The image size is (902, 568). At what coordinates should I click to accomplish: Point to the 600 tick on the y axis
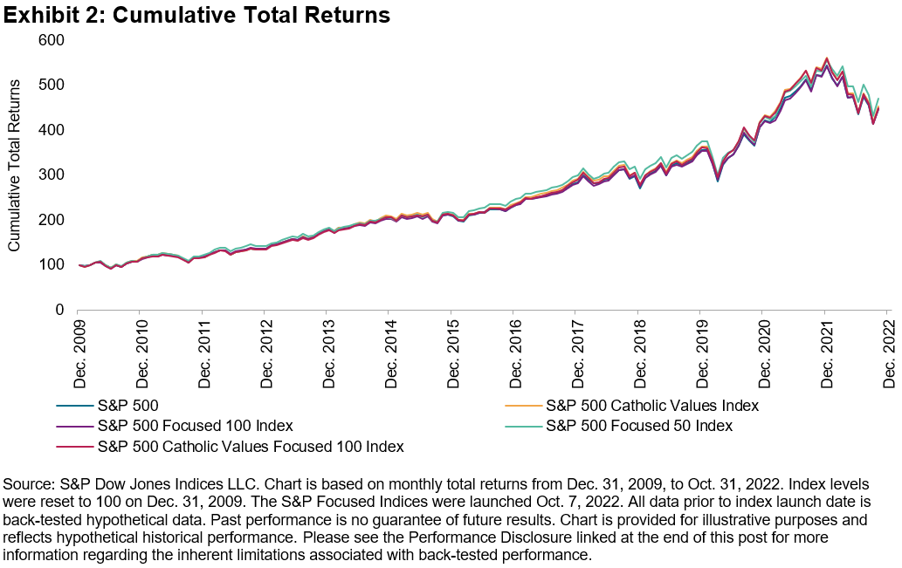53,40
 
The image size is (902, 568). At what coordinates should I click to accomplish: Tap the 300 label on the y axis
53,175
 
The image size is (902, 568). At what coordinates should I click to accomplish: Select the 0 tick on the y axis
61,310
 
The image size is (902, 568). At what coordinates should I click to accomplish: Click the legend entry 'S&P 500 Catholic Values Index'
651,406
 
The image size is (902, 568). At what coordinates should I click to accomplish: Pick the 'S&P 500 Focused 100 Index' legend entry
193,427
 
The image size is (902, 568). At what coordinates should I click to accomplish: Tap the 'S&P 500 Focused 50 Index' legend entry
638,427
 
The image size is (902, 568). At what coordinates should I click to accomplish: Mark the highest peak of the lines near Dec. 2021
826,59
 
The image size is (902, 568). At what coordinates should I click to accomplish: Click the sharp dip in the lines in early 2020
718,180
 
